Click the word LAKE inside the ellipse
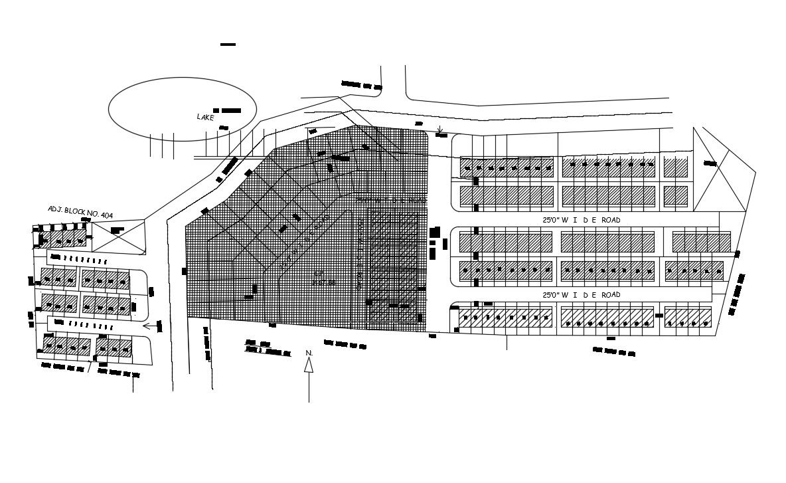tap(206, 117)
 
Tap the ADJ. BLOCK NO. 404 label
tap(80, 212)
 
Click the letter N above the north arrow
tap(309, 352)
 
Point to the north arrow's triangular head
tap(309, 365)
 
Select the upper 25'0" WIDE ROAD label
tap(582, 220)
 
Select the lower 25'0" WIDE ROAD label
tap(582, 295)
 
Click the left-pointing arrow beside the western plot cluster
tap(152, 326)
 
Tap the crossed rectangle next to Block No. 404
tap(118, 237)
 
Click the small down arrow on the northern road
tap(439, 129)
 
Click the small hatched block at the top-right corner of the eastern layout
tap(676, 167)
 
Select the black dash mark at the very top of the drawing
tap(228, 45)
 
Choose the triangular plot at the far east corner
tap(720, 169)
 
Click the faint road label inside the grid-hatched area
tap(391, 199)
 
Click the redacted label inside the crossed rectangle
tap(118, 231)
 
